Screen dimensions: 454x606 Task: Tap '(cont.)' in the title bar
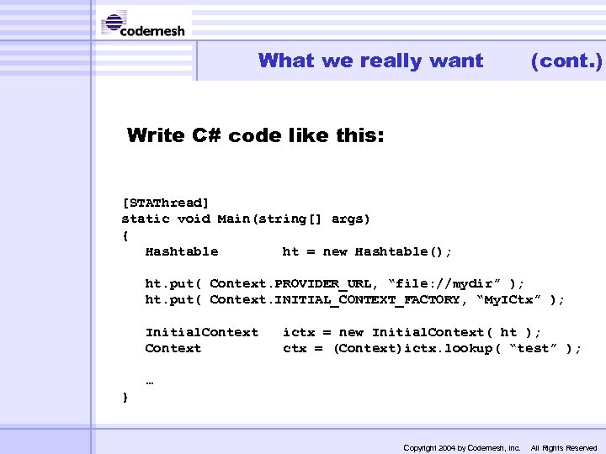pyautogui.click(x=566, y=61)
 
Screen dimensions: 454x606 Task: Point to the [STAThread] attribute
pyautogui.click(x=166, y=203)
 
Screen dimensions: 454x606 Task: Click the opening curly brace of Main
pyautogui.click(x=125, y=235)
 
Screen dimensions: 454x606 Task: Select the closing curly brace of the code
pyautogui.click(x=125, y=396)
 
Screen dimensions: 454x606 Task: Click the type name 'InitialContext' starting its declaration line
pyautogui.click(x=202, y=332)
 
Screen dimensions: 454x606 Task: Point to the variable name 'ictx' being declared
pyautogui.click(x=299, y=332)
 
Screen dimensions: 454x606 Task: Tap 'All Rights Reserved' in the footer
pyautogui.click(x=563, y=447)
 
